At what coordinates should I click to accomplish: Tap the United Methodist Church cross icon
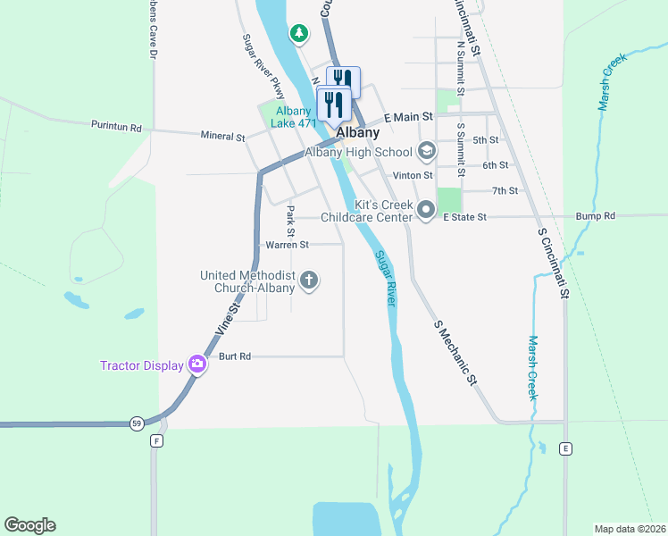click(x=309, y=281)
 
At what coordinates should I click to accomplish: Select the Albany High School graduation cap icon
click(x=426, y=152)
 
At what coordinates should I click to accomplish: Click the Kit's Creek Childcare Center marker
click(x=426, y=212)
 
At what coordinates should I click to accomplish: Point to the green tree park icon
click(x=298, y=34)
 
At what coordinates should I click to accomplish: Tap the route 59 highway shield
click(x=136, y=423)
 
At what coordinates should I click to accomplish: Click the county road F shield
click(x=157, y=440)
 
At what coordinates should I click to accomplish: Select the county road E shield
click(x=564, y=448)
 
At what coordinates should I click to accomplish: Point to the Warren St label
click(x=287, y=244)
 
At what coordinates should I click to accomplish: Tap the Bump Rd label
click(x=596, y=216)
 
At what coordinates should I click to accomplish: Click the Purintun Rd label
click(x=116, y=128)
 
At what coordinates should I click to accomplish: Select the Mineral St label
click(x=222, y=138)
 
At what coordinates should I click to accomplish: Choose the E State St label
click(x=463, y=217)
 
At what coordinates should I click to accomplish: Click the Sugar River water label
click(x=385, y=280)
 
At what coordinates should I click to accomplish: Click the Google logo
click(x=29, y=525)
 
